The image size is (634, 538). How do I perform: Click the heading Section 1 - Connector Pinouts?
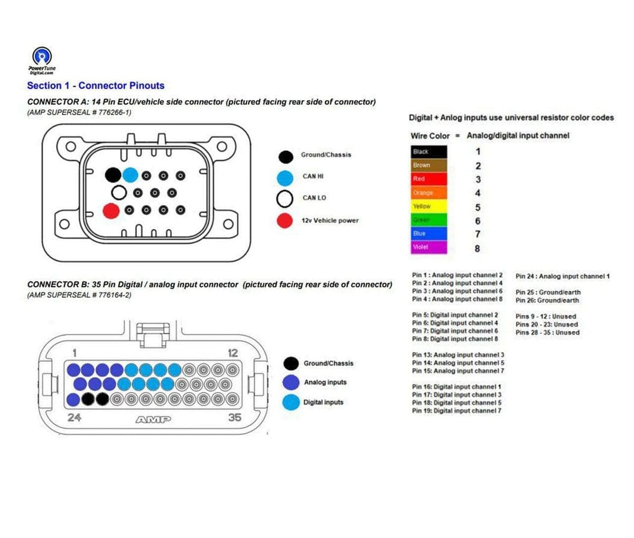(x=96, y=86)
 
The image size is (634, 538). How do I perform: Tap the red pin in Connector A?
(x=111, y=211)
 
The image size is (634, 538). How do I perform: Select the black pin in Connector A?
(x=113, y=175)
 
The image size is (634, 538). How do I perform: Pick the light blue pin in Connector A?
(x=129, y=175)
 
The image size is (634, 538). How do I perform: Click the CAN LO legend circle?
(x=285, y=198)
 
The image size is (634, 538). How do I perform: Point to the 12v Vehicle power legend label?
(x=330, y=221)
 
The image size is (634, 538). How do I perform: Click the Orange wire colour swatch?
(x=428, y=193)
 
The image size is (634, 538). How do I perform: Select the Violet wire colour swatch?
(x=428, y=247)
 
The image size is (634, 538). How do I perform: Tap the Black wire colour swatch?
(x=428, y=152)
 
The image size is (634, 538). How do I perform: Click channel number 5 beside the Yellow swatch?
(x=478, y=207)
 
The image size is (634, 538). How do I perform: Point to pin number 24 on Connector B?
(x=74, y=417)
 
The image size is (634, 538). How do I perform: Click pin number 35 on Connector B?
(x=235, y=417)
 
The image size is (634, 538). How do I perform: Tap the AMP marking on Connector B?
(x=153, y=420)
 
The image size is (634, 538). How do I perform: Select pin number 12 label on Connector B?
(x=232, y=353)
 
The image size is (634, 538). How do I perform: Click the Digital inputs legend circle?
(x=291, y=403)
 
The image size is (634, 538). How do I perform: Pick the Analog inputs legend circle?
(x=291, y=382)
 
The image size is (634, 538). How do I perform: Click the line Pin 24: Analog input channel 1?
(x=562, y=276)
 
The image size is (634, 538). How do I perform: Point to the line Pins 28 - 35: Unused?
(x=547, y=333)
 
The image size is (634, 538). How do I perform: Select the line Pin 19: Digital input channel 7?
(x=456, y=411)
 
